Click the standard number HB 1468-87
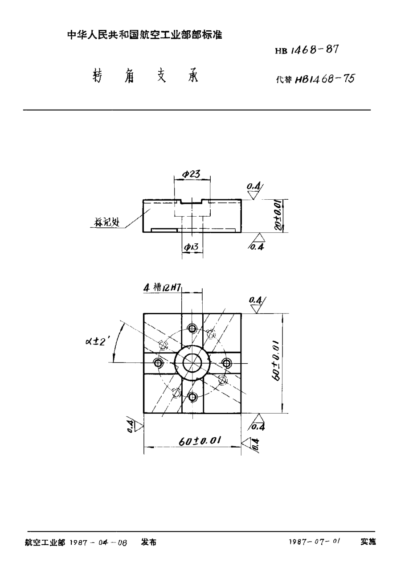click(307, 50)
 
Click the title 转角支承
click(145, 77)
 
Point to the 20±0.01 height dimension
click(277, 216)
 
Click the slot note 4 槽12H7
click(161, 288)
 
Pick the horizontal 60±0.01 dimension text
click(200, 441)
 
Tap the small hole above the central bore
click(192, 329)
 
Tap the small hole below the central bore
click(192, 397)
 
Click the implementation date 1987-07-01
click(315, 542)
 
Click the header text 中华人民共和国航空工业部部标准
click(144, 34)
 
